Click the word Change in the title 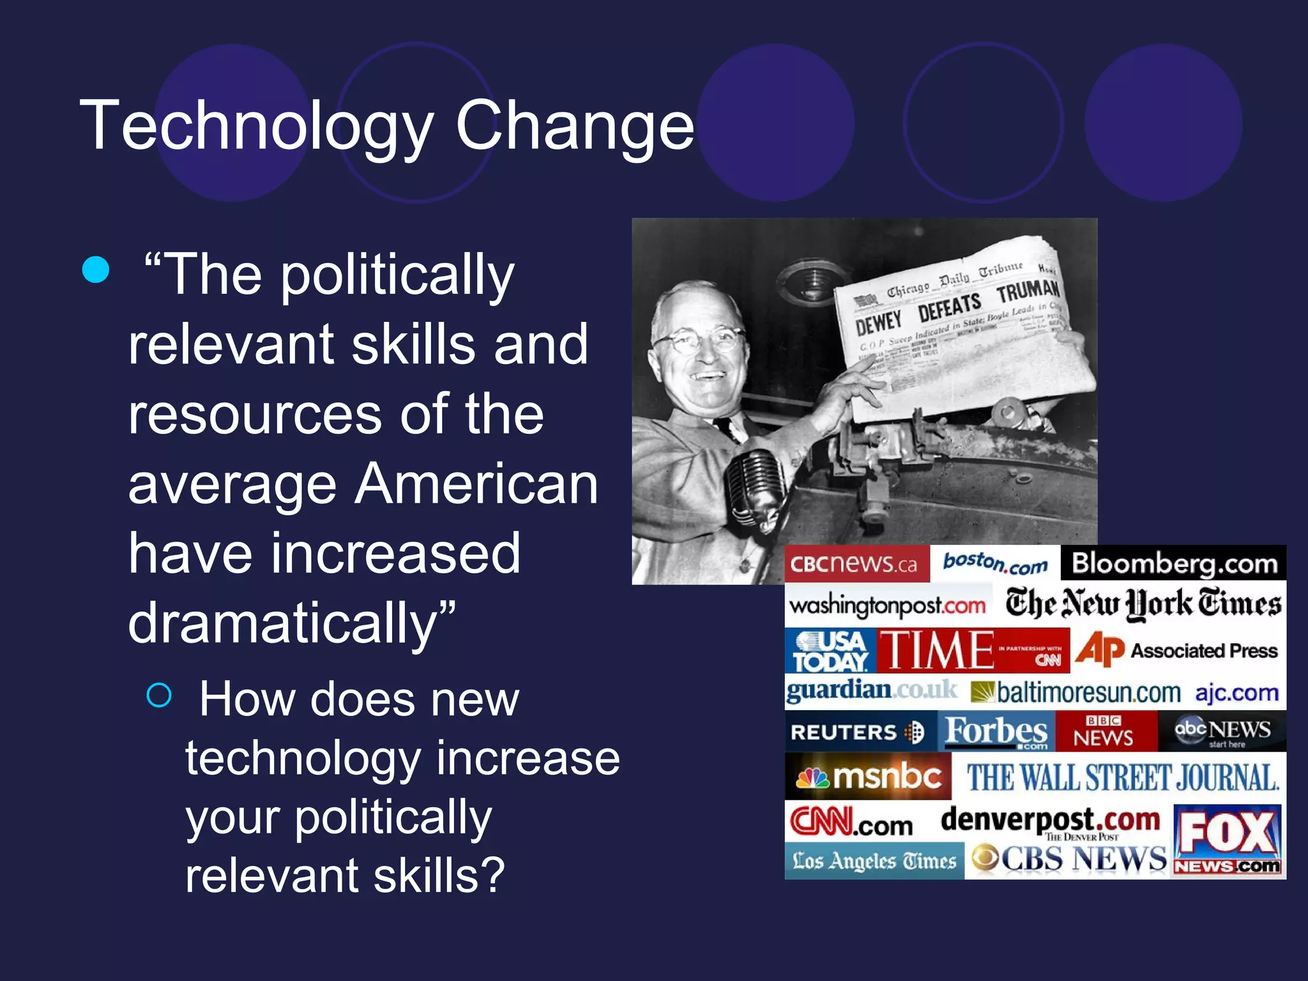[x=574, y=126]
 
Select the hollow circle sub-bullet [x=159, y=695]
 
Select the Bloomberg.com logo [x=1174, y=563]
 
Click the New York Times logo [x=1143, y=604]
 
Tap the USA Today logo [x=830, y=651]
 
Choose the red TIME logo [x=939, y=651]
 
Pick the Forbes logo [x=996, y=732]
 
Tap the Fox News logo [x=1227, y=840]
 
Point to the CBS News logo [x=1068, y=859]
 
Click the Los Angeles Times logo [x=874, y=861]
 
